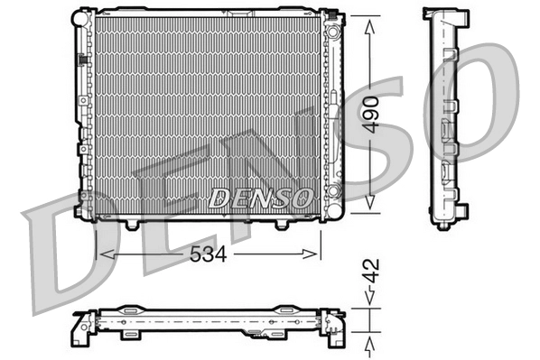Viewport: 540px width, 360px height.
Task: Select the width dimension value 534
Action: (x=209, y=254)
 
